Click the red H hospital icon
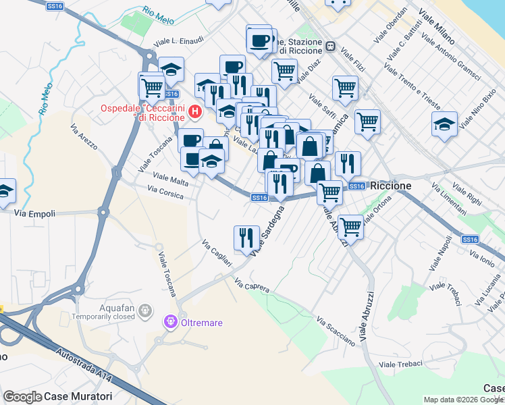[196, 111]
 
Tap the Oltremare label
[202, 323]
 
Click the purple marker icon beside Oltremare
[171, 323]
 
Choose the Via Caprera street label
[252, 286]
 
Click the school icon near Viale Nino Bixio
[444, 124]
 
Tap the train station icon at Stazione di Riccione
[331, 47]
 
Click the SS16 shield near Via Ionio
[471, 239]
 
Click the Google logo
[22, 397]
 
